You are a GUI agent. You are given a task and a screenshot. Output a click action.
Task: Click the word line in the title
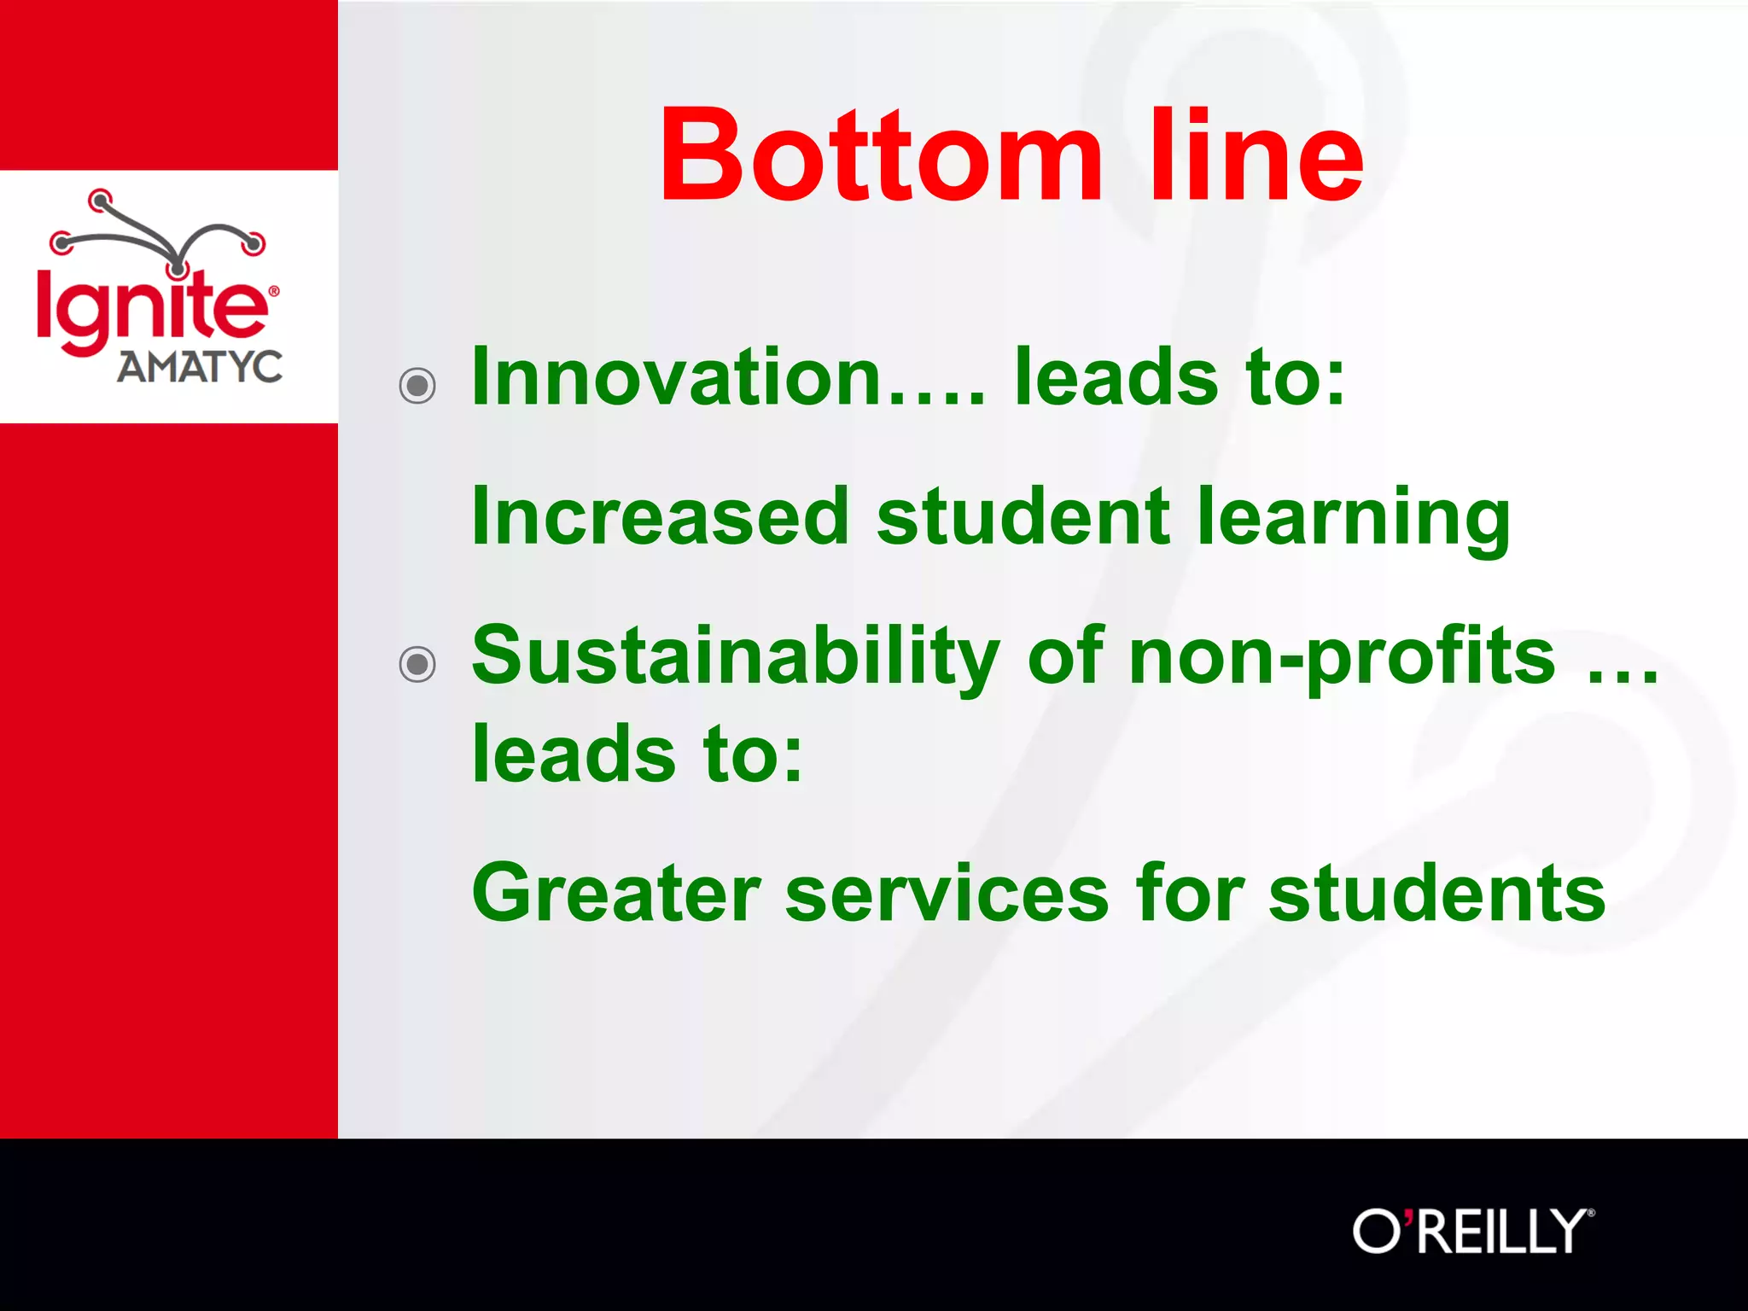[x=1256, y=156]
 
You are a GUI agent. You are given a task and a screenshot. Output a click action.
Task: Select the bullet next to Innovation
[x=417, y=386]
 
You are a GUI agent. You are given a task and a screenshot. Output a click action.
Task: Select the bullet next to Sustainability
[x=417, y=664]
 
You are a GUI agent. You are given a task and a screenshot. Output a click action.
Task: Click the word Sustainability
[x=736, y=657]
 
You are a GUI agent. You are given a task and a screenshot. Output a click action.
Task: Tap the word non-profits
[x=1342, y=657]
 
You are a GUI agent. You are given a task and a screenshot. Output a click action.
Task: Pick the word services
[x=947, y=893]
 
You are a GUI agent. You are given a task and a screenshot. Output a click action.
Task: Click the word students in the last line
[x=1436, y=893]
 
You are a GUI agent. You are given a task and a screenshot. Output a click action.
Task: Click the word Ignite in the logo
[x=150, y=307]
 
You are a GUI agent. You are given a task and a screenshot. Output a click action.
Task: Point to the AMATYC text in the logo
[x=200, y=368]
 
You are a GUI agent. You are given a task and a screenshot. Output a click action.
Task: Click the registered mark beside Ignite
[x=274, y=291]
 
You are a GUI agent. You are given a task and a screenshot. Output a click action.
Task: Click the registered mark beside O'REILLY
[x=1590, y=1212]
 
